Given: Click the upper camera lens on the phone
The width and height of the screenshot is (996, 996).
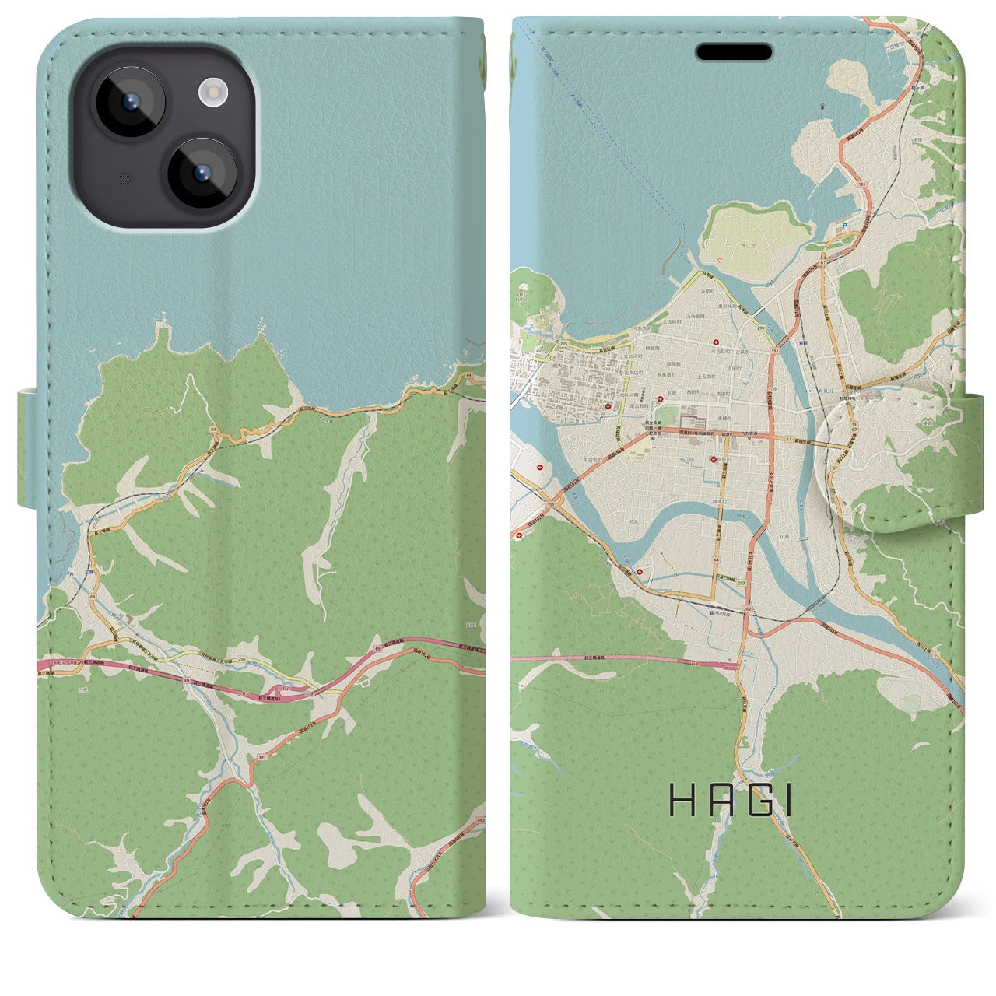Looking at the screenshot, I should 129,102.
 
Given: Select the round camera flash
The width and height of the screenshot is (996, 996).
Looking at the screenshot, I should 211,94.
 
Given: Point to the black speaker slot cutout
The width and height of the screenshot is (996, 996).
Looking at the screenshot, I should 734,52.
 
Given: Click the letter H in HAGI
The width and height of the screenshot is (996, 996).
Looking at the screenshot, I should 682,801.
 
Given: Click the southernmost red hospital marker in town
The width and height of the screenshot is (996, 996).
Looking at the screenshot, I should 640,573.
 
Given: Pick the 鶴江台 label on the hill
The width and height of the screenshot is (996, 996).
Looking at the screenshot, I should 753,244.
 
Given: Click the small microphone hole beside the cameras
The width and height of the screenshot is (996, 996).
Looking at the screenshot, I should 123,178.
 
